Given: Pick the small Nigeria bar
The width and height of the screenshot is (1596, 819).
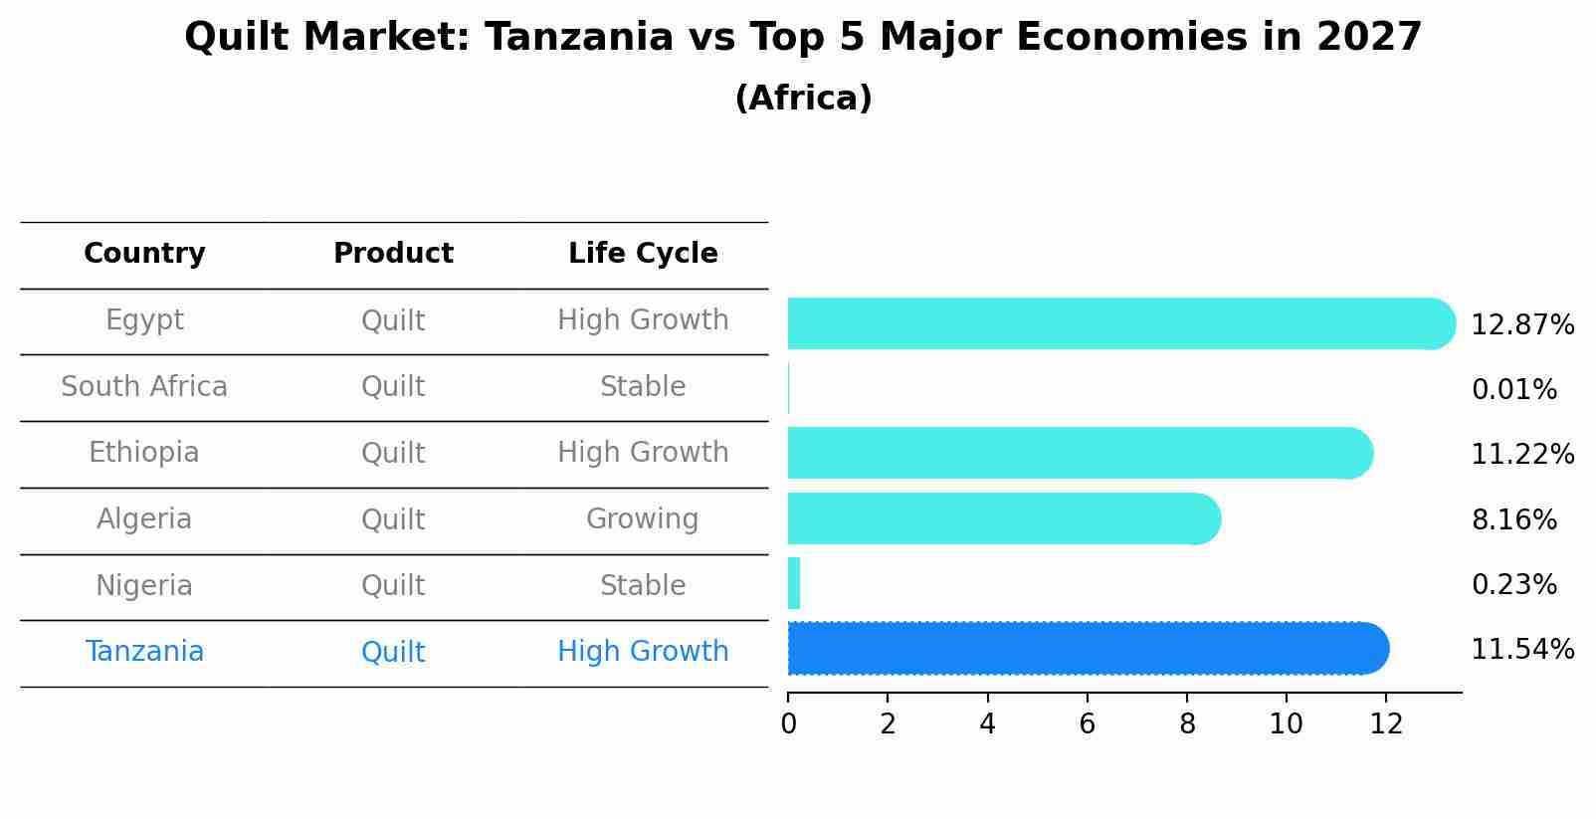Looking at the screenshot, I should pos(794,583).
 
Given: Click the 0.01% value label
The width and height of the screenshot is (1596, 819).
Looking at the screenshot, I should pos(1513,390).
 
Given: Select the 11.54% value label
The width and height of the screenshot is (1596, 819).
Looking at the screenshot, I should pos(1521,650).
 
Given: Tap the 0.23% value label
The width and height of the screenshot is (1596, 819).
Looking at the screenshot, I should pos(1513,584).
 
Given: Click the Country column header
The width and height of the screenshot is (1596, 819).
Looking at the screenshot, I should pos(144,254).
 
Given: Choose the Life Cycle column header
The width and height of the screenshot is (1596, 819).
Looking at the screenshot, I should pos(643,254).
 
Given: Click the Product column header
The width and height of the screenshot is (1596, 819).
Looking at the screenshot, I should pos(393,254).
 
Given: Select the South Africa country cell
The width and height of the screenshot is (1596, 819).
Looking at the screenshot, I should pos(144,386).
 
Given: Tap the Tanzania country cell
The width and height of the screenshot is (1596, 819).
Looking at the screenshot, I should pos(144,652).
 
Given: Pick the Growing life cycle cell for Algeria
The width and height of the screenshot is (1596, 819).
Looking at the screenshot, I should pos(643,519).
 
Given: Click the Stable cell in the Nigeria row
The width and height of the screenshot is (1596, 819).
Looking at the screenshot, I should pos(643,585).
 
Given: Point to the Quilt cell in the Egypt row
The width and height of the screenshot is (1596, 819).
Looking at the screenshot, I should pos(393,320).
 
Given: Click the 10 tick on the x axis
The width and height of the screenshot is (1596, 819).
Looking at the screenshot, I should pos(1286,724).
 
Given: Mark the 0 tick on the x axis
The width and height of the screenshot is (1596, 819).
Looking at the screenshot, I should pos(788,724).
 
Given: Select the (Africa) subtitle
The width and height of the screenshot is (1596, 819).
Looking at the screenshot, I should pos(803,99).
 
